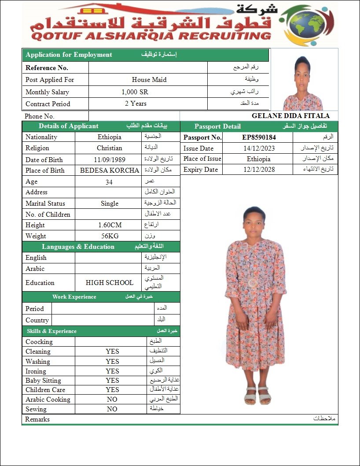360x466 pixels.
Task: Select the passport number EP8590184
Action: tap(259, 137)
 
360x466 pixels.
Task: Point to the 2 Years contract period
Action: tap(136, 104)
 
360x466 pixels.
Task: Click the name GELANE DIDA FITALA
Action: tap(290, 116)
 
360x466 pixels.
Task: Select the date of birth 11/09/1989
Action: tap(109, 159)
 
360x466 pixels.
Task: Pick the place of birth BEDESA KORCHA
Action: tap(110, 170)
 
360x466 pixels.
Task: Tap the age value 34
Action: tap(109, 181)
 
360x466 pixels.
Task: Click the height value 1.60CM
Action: tap(110, 225)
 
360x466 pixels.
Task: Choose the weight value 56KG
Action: tap(110, 236)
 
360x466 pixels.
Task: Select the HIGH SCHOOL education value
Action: tap(110, 283)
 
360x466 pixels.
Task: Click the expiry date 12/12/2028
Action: tap(259, 170)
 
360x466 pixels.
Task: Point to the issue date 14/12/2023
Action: tap(259, 148)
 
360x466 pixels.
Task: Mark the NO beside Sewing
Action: tap(112, 409)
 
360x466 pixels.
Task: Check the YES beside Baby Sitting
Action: tap(112, 381)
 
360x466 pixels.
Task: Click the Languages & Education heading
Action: tap(78, 247)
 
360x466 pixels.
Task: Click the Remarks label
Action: tap(37, 419)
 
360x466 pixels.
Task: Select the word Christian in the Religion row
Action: tap(110, 148)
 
